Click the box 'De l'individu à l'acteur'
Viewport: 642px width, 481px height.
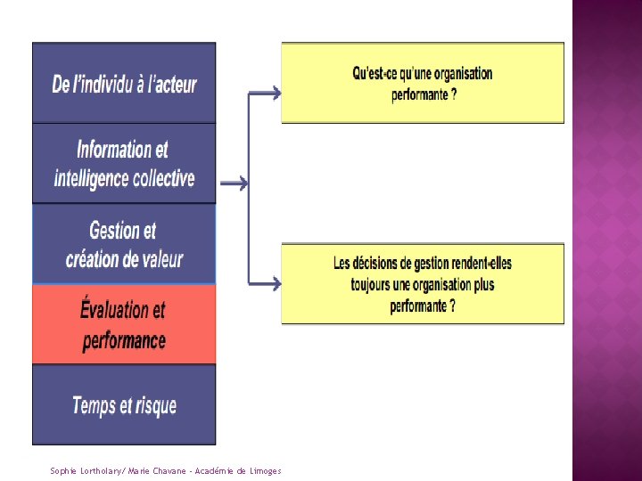pos(124,83)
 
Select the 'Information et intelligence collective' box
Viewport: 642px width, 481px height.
pos(124,163)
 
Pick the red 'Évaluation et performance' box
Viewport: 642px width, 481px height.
pos(124,324)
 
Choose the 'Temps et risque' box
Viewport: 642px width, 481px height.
pos(124,404)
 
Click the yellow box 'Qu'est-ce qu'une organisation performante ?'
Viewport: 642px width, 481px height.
pos(423,83)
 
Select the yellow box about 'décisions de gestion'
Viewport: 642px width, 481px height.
pos(423,283)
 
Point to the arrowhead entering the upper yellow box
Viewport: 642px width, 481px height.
pos(276,93)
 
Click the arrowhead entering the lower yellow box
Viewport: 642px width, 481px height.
pos(276,284)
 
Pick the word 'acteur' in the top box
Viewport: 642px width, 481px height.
pos(173,85)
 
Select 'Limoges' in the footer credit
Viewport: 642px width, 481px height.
pos(265,470)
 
